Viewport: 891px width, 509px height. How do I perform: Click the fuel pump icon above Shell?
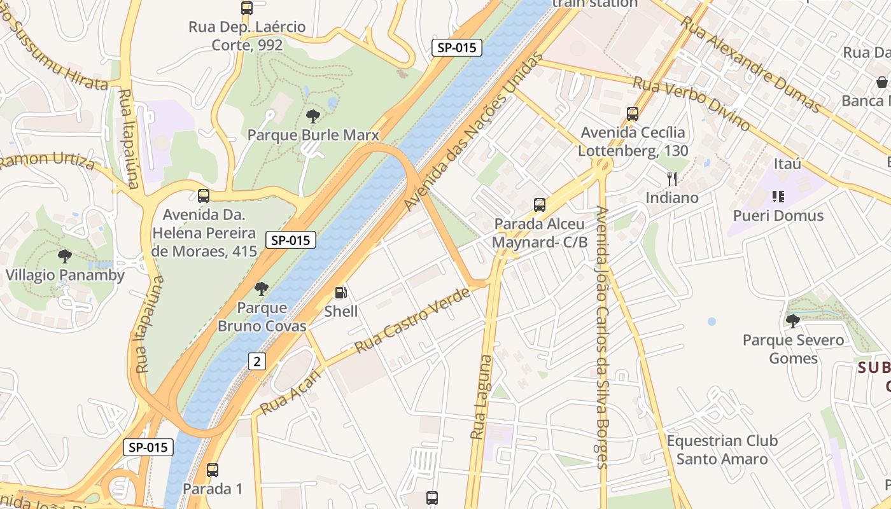click(341, 293)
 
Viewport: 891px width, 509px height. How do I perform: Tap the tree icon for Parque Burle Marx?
click(312, 116)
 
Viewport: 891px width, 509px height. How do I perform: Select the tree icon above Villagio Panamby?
click(64, 256)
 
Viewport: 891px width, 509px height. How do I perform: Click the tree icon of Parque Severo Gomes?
click(792, 321)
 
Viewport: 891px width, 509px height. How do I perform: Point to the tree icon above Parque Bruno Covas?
click(261, 289)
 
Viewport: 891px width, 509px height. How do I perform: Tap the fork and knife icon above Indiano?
click(672, 179)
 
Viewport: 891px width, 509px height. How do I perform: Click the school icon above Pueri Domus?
click(778, 197)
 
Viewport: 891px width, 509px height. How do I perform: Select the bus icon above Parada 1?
click(213, 470)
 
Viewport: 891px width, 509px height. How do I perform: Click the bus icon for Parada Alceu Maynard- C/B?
click(539, 205)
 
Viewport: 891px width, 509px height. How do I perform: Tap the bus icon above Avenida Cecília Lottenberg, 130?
click(633, 114)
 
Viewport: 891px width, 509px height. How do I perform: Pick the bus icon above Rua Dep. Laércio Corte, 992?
click(247, 8)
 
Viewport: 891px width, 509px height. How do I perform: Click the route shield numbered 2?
click(256, 361)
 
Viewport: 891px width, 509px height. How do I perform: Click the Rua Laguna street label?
click(482, 397)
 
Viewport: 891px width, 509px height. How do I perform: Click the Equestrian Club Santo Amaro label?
click(722, 449)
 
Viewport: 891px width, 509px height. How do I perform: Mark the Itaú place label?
click(787, 164)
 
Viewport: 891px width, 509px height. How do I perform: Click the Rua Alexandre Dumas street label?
click(750, 64)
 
